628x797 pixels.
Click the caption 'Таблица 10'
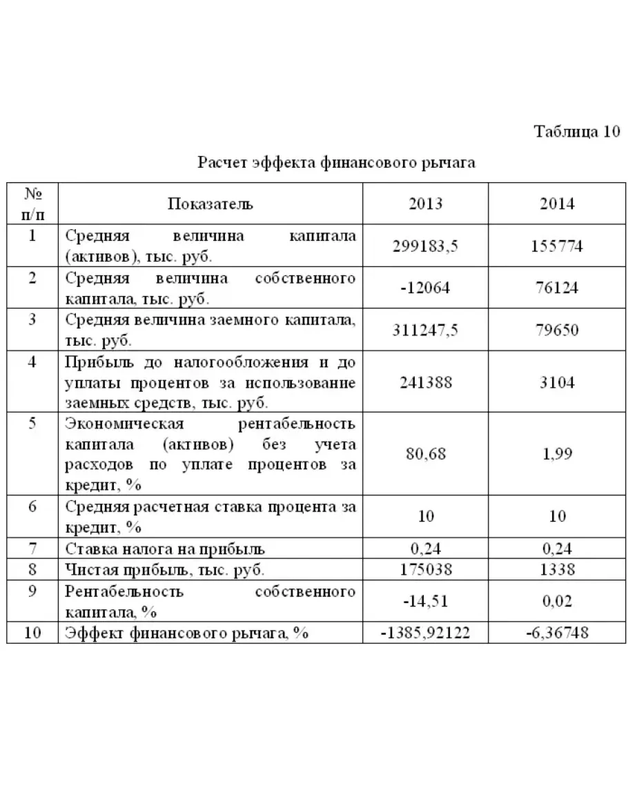pyautogui.click(x=577, y=132)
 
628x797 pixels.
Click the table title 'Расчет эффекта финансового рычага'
pyautogui.click(x=337, y=163)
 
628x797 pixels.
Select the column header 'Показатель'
pyautogui.click(x=210, y=204)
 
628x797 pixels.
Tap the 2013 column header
pyautogui.click(x=425, y=204)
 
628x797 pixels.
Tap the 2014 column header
pyautogui.click(x=557, y=204)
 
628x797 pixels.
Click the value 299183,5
pyautogui.click(x=425, y=246)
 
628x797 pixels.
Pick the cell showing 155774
pyautogui.click(x=557, y=246)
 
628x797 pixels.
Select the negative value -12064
pyautogui.click(x=425, y=288)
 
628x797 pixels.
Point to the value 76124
pyautogui.click(x=557, y=288)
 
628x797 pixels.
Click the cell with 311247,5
pyautogui.click(x=425, y=330)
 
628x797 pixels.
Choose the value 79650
pyautogui.click(x=557, y=330)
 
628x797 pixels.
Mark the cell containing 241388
pyautogui.click(x=425, y=382)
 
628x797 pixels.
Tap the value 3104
pyautogui.click(x=557, y=382)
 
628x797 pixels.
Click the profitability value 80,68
pyautogui.click(x=425, y=454)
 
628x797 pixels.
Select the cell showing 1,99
pyautogui.click(x=557, y=454)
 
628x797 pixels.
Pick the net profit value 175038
pyautogui.click(x=425, y=569)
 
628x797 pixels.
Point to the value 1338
pyautogui.click(x=557, y=569)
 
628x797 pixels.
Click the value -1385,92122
pyautogui.click(x=425, y=632)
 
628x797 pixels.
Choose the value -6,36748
pyautogui.click(x=557, y=632)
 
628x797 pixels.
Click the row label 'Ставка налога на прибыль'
pyautogui.click(x=166, y=549)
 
